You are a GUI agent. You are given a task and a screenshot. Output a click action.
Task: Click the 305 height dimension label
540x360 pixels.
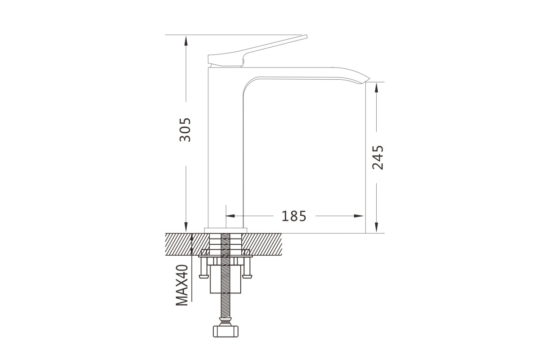(185, 130)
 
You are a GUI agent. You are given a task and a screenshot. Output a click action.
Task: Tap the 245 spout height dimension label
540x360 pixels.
(378, 157)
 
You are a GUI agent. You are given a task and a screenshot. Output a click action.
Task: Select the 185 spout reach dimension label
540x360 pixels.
(294, 216)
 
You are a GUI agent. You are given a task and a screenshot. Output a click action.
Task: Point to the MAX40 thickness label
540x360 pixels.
(182, 285)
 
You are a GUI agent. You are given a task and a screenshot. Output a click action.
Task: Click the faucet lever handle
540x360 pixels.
(256, 51)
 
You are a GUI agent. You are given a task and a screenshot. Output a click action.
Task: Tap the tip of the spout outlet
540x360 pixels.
(369, 78)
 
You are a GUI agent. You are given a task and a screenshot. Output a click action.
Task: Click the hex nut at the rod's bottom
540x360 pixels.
(225, 331)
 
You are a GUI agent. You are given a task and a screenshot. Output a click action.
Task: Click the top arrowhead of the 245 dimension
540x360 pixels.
(376, 87)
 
